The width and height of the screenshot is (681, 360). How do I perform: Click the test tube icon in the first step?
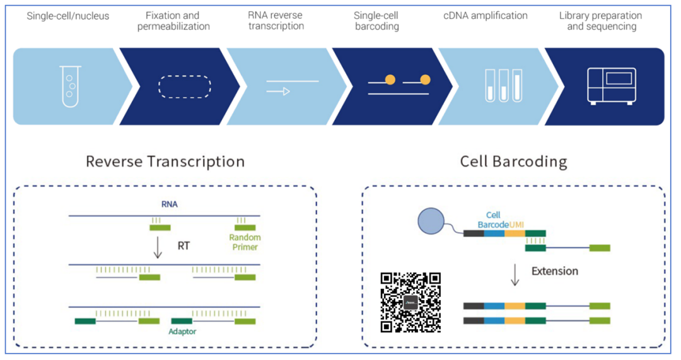point(71,86)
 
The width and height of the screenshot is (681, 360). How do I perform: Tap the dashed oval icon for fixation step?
point(184,86)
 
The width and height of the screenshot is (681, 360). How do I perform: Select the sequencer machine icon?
point(611,86)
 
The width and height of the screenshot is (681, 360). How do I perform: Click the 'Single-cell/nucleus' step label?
point(67,16)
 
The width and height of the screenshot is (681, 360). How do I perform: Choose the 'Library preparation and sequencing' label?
point(600,21)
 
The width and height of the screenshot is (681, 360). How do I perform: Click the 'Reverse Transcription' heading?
point(165,161)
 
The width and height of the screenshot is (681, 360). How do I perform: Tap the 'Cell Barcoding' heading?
point(513,161)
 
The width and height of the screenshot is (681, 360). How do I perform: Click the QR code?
point(410,302)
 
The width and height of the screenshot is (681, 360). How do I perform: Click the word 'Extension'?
point(554,271)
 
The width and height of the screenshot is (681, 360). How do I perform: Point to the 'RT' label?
point(183,246)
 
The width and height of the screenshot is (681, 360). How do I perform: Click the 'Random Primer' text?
point(245,242)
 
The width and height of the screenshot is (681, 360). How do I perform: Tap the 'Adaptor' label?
point(182,331)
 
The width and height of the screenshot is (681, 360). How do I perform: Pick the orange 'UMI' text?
point(516,224)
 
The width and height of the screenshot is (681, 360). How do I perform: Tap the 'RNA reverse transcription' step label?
point(276,21)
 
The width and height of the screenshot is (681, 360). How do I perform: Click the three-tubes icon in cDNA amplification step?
point(503,86)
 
